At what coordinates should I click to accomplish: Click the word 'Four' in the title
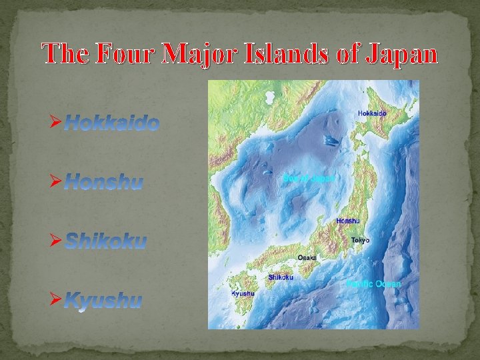(123, 53)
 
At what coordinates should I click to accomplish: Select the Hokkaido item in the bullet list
(112, 123)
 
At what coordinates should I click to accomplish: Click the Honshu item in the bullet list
(103, 182)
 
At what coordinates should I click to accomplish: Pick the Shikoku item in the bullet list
(105, 241)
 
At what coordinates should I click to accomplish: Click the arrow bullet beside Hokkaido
(56, 123)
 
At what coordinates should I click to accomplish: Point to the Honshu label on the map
(347, 221)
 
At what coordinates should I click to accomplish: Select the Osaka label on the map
(307, 257)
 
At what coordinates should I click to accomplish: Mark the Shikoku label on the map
(281, 277)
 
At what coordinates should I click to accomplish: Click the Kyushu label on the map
(243, 293)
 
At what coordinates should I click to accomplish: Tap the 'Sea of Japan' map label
(308, 178)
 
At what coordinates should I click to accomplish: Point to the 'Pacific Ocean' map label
(375, 283)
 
